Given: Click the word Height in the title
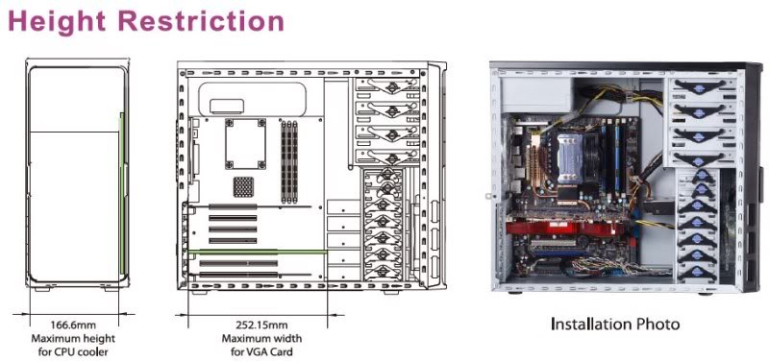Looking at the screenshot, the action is click(x=57, y=21).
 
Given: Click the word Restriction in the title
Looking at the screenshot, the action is click(x=202, y=21).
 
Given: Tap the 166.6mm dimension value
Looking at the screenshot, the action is click(x=73, y=325).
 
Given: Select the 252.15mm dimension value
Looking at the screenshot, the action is click(x=261, y=325).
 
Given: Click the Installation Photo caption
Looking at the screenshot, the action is click(x=615, y=324).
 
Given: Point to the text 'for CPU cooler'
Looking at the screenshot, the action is click(x=73, y=351).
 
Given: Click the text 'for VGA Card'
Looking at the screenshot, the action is click(x=261, y=351).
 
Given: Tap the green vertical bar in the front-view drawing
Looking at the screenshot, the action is click(x=122, y=193).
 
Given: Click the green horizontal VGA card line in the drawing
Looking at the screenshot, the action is click(x=257, y=252).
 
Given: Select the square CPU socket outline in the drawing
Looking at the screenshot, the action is click(x=245, y=144).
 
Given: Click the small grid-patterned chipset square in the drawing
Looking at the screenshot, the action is click(x=243, y=186).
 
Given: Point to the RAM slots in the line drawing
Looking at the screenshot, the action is click(x=289, y=162).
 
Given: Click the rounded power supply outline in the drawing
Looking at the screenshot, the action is click(x=252, y=100).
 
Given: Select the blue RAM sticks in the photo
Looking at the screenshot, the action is click(x=611, y=157).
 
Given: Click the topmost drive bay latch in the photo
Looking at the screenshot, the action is click(x=700, y=86).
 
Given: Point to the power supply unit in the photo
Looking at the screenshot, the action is click(x=537, y=94).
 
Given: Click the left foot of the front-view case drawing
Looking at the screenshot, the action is click(x=42, y=289).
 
